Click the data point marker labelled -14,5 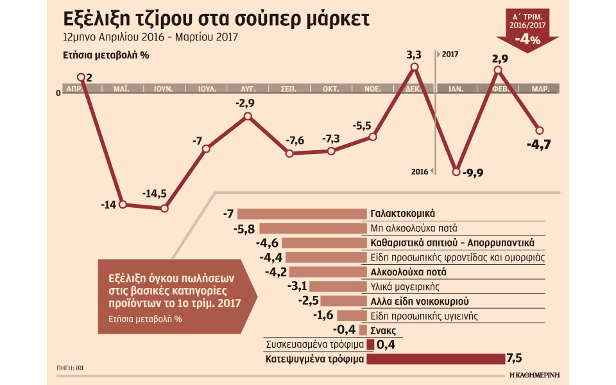(x=164, y=209)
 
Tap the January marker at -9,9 (x=456, y=171)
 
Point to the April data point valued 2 (x=81, y=78)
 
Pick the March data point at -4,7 (x=540, y=130)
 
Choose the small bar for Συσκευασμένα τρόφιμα (x=370, y=345)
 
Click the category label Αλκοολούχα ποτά (x=405, y=272)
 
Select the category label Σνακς (x=383, y=330)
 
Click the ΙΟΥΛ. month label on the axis (x=206, y=89)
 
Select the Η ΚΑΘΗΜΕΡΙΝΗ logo (x=532, y=374)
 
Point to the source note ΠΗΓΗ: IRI (x=70, y=368)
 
